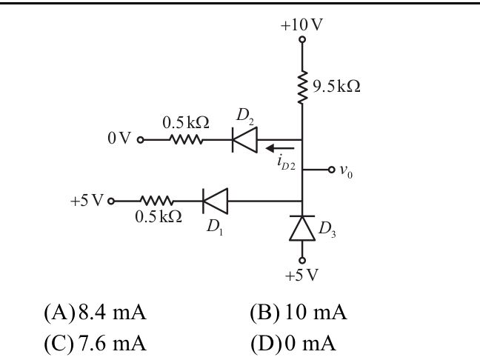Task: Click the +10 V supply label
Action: [x=301, y=24]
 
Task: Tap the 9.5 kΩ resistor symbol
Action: [x=302, y=87]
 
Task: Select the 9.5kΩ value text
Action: [x=336, y=87]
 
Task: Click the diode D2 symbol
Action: [x=244, y=139]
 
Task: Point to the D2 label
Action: [x=245, y=116]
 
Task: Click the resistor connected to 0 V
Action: [x=185, y=139]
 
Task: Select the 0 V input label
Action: [x=119, y=139]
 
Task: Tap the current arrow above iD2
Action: [x=279, y=147]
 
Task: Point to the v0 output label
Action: [x=346, y=170]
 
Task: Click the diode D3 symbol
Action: [x=302, y=229]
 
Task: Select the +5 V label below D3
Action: [x=301, y=276]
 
